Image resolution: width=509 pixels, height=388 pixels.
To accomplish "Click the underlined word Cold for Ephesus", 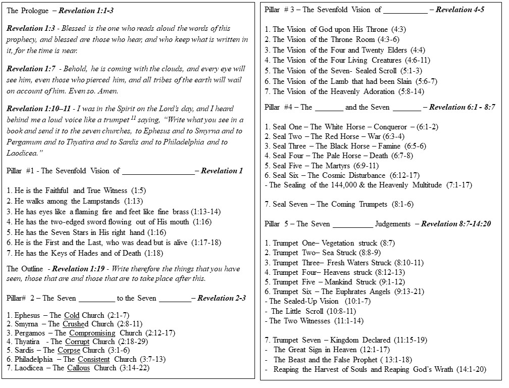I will pyautogui.click(x=72, y=315).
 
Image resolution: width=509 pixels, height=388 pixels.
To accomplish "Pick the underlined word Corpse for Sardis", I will pyautogui.click(x=69, y=350).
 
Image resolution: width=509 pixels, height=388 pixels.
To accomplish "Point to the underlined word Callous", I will pyautogui.click(x=78, y=368).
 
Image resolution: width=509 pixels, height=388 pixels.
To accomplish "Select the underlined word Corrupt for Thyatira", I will pyautogui.click(x=77, y=342).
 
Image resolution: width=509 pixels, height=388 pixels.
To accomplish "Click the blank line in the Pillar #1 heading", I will pyautogui.click(x=158, y=171).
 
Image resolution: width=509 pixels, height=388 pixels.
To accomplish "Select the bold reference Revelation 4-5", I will pyautogui.click(x=461, y=10).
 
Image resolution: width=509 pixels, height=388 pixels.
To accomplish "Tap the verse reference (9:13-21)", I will pyautogui.click(x=406, y=292).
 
